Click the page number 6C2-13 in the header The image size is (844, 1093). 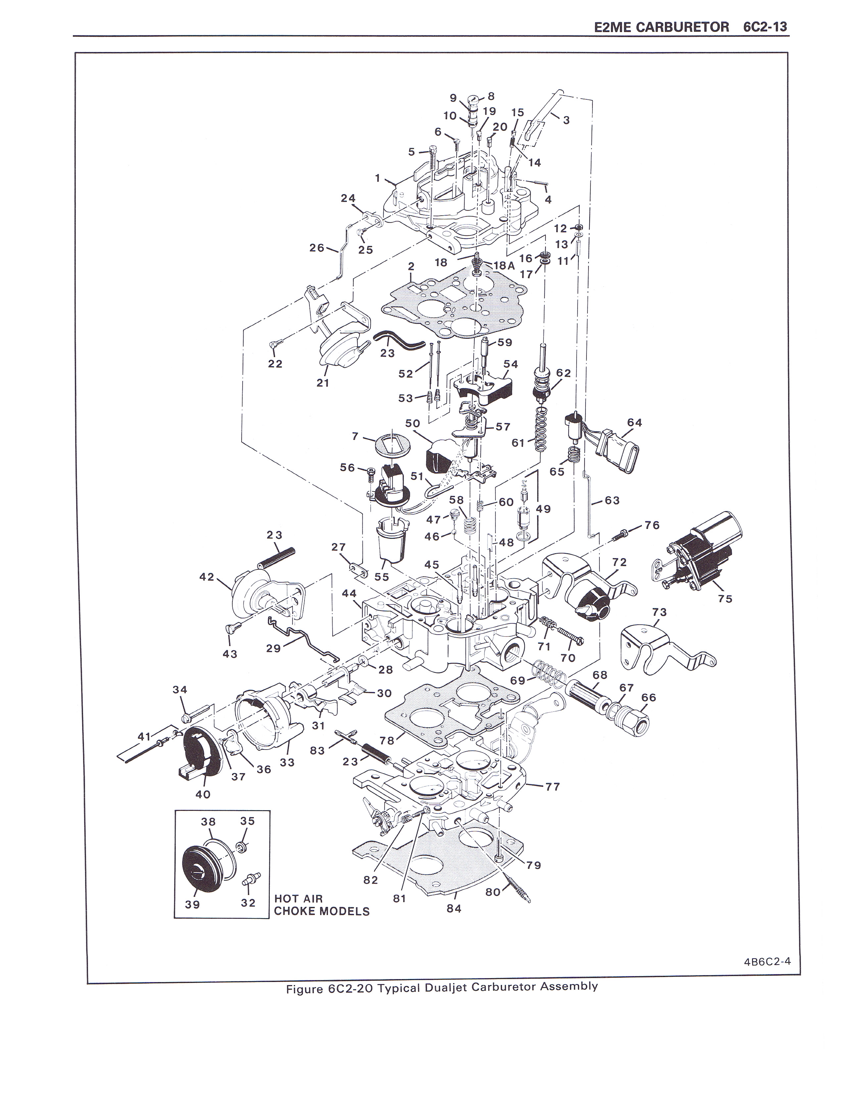click(x=765, y=27)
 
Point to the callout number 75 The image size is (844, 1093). click(x=725, y=599)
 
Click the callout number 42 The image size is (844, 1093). click(x=207, y=577)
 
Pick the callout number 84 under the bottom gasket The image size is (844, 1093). click(x=454, y=908)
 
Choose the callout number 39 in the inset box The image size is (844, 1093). click(x=193, y=904)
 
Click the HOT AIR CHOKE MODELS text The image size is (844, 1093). click(x=321, y=905)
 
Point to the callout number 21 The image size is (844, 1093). click(x=323, y=383)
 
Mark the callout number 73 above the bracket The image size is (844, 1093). click(x=660, y=612)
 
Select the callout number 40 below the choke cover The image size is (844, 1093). click(x=203, y=794)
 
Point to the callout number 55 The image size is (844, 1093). click(x=382, y=577)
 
